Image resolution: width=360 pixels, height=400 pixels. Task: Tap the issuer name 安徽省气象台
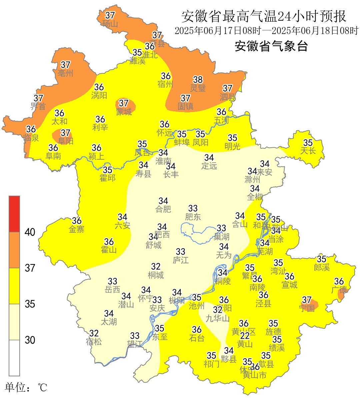[x=271, y=46]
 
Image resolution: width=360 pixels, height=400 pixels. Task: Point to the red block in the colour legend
[x=14, y=214]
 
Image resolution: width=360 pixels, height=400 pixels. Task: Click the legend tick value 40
[x=30, y=232]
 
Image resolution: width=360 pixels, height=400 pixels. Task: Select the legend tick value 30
[x=30, y=340]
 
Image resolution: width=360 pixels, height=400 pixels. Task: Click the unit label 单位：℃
[x=26, y=388]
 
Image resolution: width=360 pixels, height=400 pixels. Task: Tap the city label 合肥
[x=163, y=209]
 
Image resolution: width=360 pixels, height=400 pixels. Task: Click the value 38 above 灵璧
[x=198, y=80]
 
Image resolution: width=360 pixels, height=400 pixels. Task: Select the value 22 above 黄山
[x=245, y=336]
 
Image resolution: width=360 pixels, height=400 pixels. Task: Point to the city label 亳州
[x=65, y=73]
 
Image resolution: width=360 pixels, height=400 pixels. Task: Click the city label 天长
[x=308, y=151]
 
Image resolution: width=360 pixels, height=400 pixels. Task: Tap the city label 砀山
[x=110, y=24]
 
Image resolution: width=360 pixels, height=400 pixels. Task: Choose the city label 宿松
[x=94, y=342]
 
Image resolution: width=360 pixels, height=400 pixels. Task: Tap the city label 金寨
[x=76, y=229]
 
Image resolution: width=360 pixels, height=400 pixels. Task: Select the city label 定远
[x=209, y=166]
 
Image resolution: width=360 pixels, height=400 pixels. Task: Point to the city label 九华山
[x=218, y=318]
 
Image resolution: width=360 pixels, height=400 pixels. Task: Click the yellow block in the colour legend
[x=14, y=286]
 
